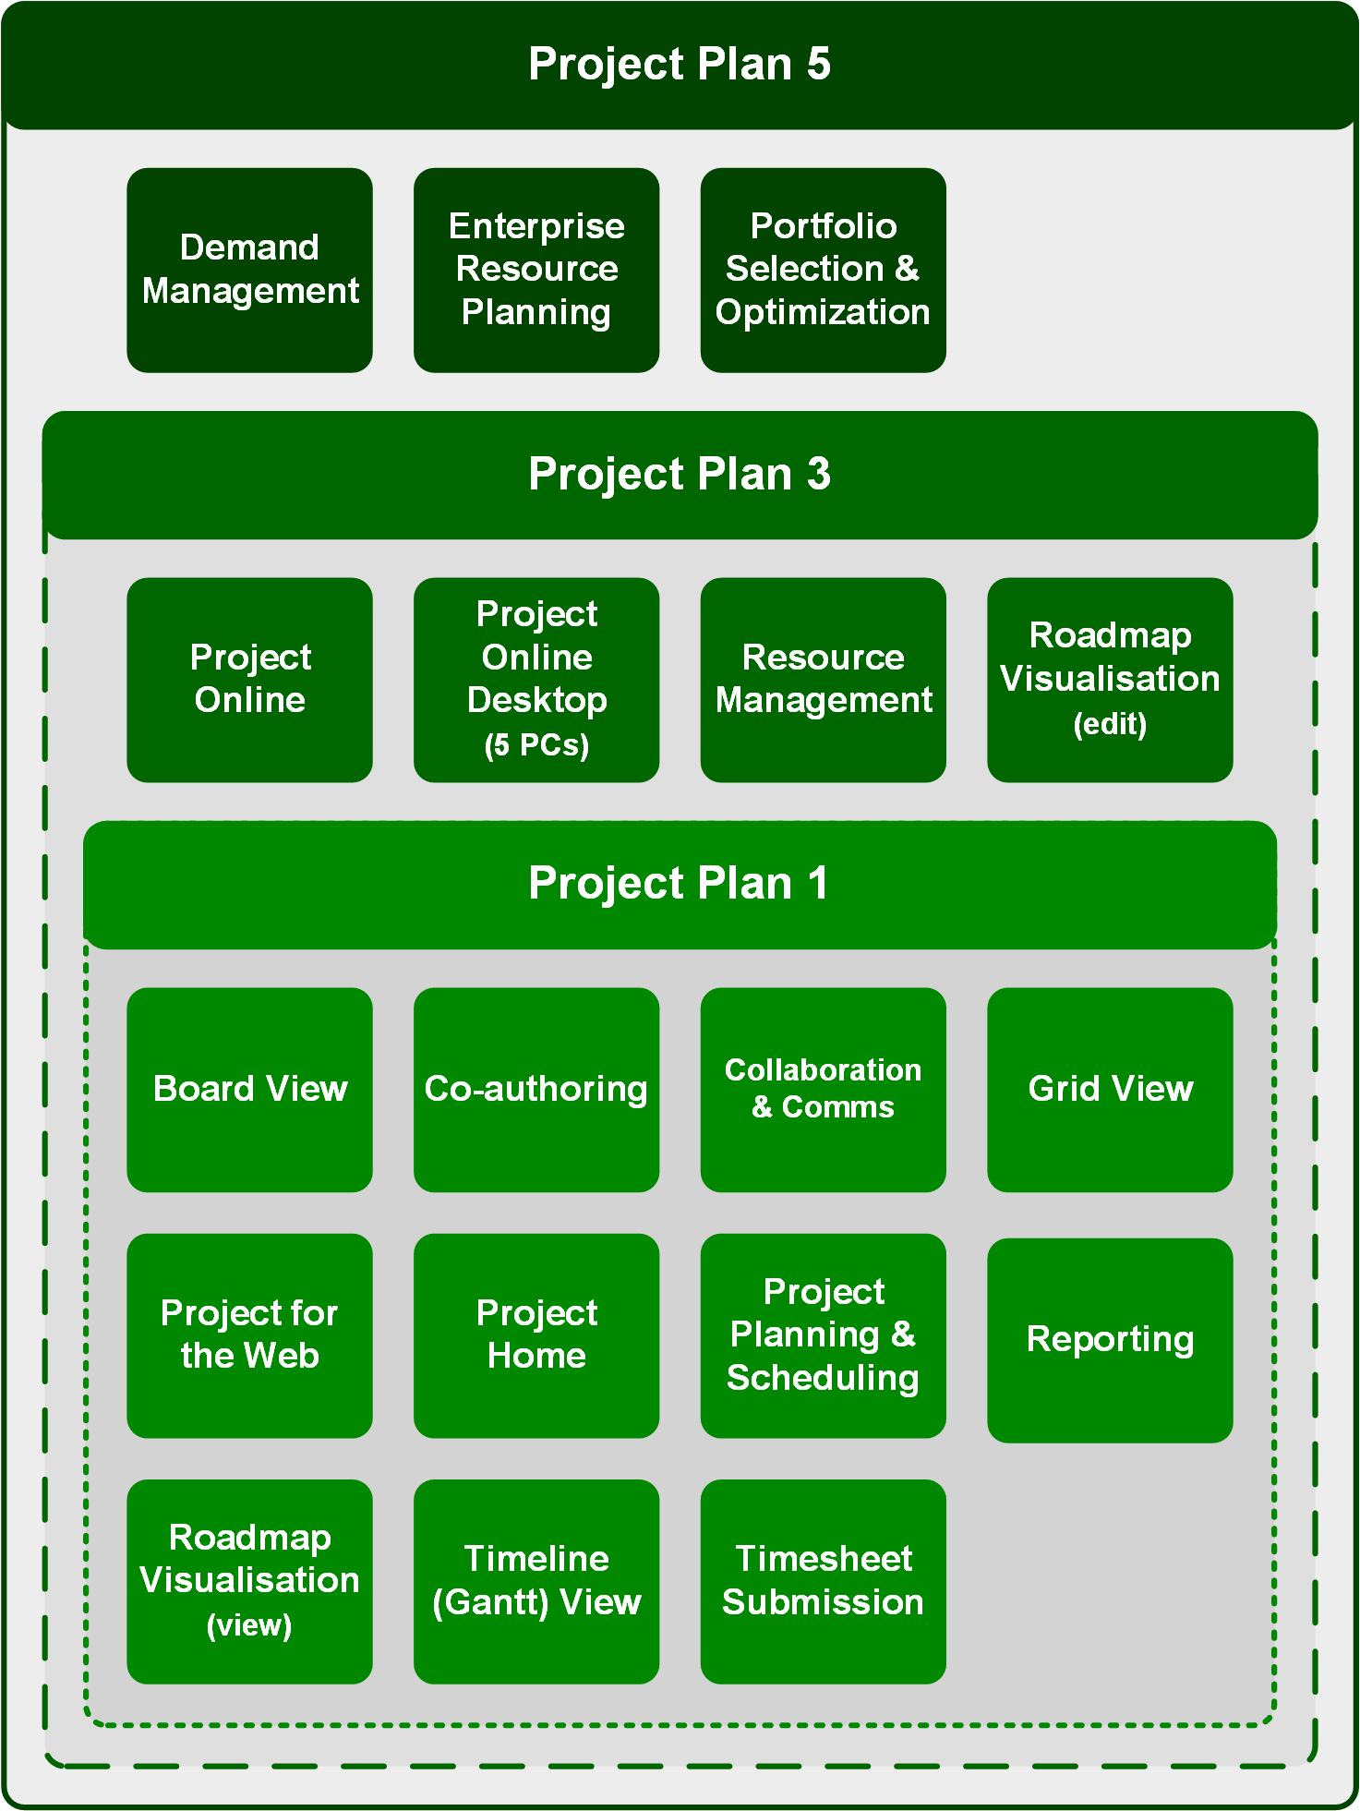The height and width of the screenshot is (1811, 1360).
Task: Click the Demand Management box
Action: pos(249,270)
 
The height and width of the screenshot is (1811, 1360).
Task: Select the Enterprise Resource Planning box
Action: pos(536,270)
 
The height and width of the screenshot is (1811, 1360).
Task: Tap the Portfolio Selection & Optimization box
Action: pos(823,270)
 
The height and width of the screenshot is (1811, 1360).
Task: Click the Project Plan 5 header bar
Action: pos(680,65)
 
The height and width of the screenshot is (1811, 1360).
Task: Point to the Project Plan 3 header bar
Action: pos(680,475)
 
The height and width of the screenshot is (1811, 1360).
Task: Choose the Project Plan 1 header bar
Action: pos(680,884)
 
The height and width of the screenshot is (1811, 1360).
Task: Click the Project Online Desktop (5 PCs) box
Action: pos(536,680)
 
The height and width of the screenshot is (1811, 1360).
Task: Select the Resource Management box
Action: pos(823,680)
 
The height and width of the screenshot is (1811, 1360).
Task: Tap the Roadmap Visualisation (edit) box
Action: pos(1110,680)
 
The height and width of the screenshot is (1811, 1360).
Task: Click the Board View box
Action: pos(249,1090)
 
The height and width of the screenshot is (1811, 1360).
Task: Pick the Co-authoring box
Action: pos(536,1090)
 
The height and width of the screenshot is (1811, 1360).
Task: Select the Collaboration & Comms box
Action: pos(823,1090)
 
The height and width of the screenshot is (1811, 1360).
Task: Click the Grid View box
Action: pos(1110,1090)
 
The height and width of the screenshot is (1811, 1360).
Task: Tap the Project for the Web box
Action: pos(249,1335)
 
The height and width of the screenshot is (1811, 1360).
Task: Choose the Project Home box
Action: pos(536,1335)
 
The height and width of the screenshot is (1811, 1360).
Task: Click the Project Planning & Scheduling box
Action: pos(823,1335)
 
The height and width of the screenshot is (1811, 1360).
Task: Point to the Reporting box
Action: pos(1110,1340)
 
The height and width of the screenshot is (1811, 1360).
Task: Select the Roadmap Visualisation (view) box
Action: pos(249,1581)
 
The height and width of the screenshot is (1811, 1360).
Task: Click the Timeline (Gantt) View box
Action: pos(536,1581)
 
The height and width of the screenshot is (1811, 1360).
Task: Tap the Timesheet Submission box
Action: pos(823,1581)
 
